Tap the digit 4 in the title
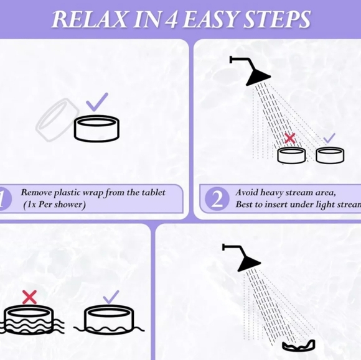171,20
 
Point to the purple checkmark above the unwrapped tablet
96,102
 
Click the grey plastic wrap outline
57,119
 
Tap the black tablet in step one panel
96,128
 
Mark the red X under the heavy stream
290,138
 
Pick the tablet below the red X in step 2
292,155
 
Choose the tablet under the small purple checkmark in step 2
330,155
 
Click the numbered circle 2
217,199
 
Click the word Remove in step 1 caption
36,193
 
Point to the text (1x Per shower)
55,205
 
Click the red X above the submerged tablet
29,297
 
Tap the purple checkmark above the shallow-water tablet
111,297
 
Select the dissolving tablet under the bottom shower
299,346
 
